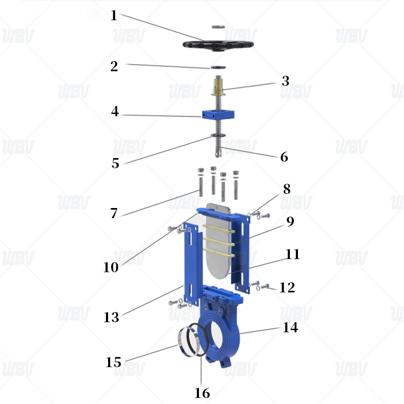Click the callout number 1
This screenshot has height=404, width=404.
[x=114, y=16]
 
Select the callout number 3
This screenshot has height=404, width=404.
[x=285, y=81]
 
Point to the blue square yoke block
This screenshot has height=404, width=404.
[x=217, y=115]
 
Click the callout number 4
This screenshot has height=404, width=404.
[x=115, y=112]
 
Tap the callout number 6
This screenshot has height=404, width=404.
[x=284, y=157]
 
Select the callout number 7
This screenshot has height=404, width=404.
[x=114, y=213]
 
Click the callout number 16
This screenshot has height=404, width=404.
[x=202, y=392]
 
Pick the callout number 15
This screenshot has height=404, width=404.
[x=114, y=362]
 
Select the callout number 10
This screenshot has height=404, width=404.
[x=111, y=267]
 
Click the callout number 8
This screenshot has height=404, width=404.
[x=286, y=189]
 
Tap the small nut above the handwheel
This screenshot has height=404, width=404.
[x=218, y=26]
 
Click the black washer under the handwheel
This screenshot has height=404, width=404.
[x=218, y=67]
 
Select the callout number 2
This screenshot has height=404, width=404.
[x=115, y=66]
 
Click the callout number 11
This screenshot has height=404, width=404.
[x=292, y=254]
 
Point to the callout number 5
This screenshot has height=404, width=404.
[x=116, y=163]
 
